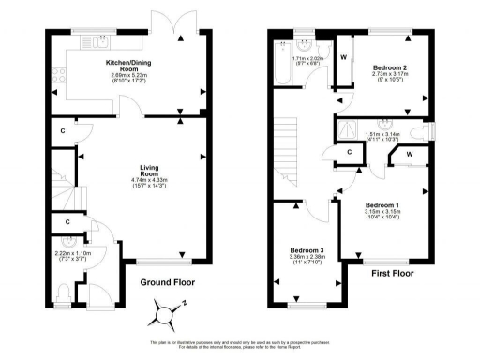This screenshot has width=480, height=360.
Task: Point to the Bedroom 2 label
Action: coord(387,69)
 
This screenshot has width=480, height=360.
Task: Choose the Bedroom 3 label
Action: coord(307,250)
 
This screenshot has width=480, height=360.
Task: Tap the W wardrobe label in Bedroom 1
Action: coord(410,154)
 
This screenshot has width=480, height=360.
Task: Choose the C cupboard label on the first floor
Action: coord(349,151)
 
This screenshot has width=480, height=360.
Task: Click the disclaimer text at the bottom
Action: coord(240,345)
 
